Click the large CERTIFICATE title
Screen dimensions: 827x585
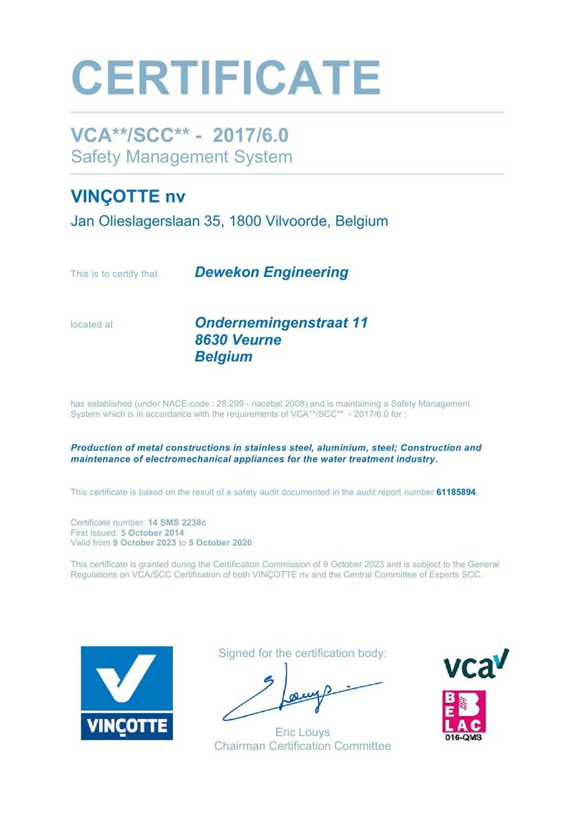[x=226, y=78]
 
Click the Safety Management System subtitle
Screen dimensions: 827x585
[x=181, y=156]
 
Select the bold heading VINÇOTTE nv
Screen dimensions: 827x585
[x=128, y=197]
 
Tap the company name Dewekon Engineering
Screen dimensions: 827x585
[x=271, y=272]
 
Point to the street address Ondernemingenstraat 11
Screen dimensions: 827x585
[x=281, y=323]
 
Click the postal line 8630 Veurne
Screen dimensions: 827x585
[x=238, y=340]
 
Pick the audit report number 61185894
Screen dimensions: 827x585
[x=456, y=492]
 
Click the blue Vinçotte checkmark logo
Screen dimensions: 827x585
[x=127, y=693]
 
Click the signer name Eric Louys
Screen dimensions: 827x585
[x=302, y=732]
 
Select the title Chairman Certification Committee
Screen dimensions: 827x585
[x=302, y=746]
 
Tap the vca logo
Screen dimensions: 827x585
[x=475, y=664]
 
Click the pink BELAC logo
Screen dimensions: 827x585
[x=464, y=711]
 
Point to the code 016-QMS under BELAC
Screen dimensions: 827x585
[x=464, y=737]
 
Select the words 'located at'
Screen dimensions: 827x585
[x=92, y=325]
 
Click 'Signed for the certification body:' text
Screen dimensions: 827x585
[x=302, y=653]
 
